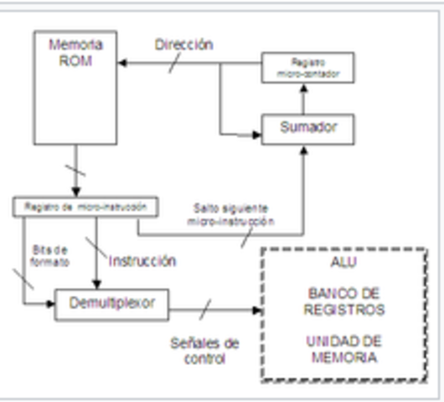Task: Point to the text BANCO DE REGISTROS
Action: pos(345,301)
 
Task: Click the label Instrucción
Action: pos(142,260)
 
